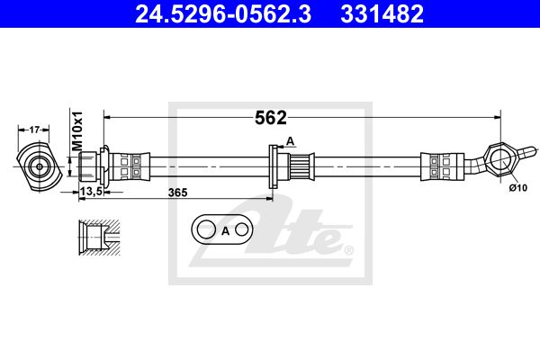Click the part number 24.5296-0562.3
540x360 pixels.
(x=223, y=13)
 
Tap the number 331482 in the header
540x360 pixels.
(x=382, y=13)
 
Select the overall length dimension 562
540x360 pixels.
(x=270, y=118)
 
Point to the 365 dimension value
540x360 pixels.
(x=177, y=193)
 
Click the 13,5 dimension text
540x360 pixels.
(x=91, y=191)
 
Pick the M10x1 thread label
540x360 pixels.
(x=77, y=130)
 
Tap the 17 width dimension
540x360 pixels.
(x=34, y=130)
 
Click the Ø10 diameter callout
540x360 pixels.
(x=518, y=188)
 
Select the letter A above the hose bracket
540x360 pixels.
(x=291, y=141)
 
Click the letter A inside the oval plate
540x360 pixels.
(x=225, y=230)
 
